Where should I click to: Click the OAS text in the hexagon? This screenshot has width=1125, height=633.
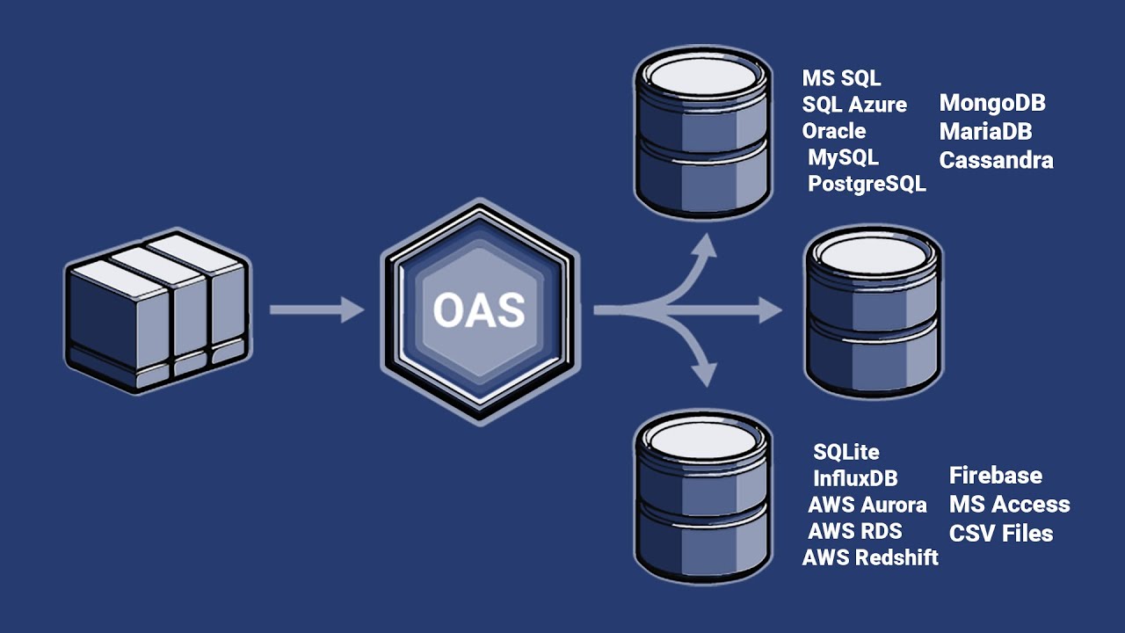click(479, 310)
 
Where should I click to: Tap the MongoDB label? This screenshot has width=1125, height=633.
click(992, 103)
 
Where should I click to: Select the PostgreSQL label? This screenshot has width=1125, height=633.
click(867, 185)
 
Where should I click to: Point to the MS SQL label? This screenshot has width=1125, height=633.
click(841, 78)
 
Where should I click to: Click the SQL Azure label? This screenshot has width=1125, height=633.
click(854, 105)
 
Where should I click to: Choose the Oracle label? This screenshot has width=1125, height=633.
click(834, 131)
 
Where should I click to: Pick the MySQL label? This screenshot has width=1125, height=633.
click(843, 158)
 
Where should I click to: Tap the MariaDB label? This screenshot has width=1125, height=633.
click(985, 132)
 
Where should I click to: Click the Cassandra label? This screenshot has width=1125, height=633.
click(996, 161)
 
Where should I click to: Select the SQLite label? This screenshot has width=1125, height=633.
click(846, 452)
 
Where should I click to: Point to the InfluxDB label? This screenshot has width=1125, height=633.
click(855, 478)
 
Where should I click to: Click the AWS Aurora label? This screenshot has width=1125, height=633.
click(867, 505)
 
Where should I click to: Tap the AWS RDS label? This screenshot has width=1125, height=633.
click(854, 531)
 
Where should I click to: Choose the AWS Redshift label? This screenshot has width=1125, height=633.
click(870, 557)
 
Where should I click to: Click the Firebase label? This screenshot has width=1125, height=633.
click(995, 476)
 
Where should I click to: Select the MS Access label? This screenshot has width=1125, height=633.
click(1009, 505)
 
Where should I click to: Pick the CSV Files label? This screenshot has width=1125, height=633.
click(1000, 534)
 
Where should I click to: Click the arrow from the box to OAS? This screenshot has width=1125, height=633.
click(316, 309)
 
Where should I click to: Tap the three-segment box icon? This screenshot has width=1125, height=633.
click(157, 312)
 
